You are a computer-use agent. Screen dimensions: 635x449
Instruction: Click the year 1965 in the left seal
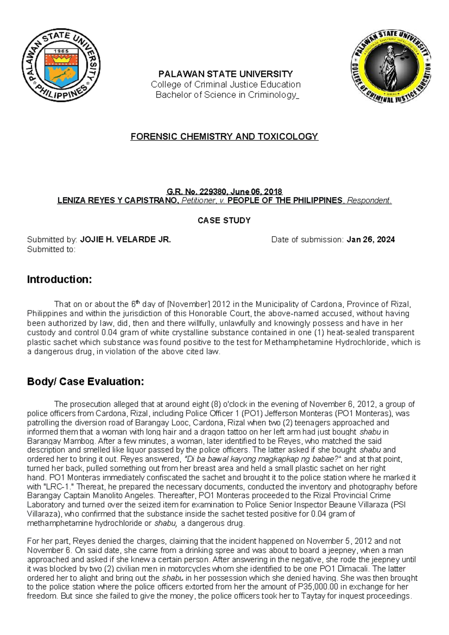pyautogui.click(x=61, y=51)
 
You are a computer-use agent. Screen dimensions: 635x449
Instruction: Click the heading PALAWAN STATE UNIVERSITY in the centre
pyautogui.click(x=226, y=74)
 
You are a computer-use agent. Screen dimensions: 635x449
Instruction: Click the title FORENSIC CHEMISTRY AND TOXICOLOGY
pyautogui.click(x=224, y=136)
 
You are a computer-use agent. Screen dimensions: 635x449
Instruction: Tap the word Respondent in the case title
pyautogui.click(x=368, y=201)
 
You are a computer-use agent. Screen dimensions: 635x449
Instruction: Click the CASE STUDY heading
pyautogui.click(x=224, y=221)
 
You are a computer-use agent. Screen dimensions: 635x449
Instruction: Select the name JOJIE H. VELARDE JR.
pyautogui.click(x=126, y=240)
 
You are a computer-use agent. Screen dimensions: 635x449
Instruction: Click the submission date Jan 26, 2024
pyautogui.click(x=370, y=240)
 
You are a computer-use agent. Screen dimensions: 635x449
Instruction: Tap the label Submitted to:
pyautogui.click(x=51, y=249)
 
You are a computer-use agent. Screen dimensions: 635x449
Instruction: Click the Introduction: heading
pyautogui.click(x=59, y=280)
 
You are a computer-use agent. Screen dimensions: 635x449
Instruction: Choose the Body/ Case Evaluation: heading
pyautogui.click(x=85, y=382)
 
